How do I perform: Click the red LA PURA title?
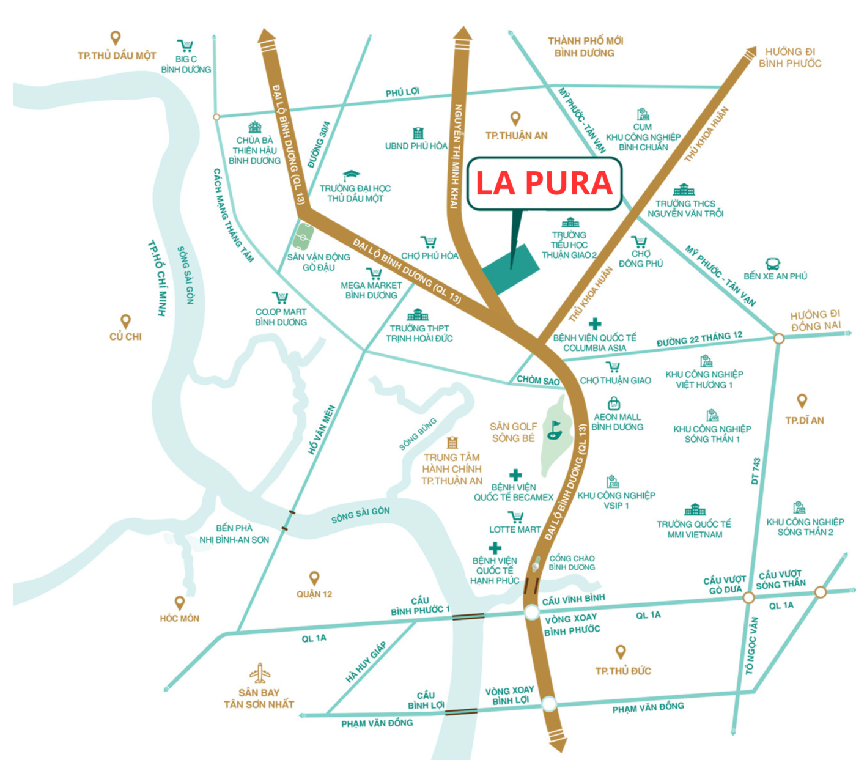point(544,183)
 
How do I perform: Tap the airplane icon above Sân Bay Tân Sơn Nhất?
point(260,674)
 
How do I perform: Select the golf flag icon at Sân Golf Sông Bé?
point(555,429)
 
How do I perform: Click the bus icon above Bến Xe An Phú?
point(773,264)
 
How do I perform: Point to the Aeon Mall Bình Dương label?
point(617,422)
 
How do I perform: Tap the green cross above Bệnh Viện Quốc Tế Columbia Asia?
point(595,323)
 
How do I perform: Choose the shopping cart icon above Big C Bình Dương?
point(185,46)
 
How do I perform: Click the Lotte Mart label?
point(515,529)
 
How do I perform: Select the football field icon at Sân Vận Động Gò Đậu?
point(304,234)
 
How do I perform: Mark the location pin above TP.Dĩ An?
point(802,401)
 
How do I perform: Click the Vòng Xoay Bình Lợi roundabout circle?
point(548,704)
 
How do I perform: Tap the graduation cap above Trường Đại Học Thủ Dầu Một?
point(351,176)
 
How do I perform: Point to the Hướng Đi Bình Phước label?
point(790,57)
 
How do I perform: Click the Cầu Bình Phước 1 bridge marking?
point(468,616)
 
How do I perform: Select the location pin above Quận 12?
point(314,578)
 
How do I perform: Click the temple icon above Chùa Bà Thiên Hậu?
point(254,127)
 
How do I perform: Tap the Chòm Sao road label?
point(538,380)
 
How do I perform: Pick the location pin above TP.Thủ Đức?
point(621,652)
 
